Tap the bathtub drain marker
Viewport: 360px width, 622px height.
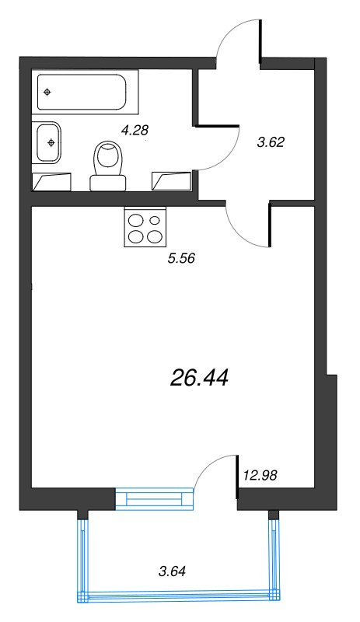(x=48, y=93)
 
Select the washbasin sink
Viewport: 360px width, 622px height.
(x=48, y=142)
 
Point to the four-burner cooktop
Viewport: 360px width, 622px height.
(x=145, y=227)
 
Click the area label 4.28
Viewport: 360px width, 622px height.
(x=135, y=130)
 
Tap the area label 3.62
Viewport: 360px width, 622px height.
(x=271, y=142)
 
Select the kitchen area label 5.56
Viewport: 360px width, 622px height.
(x=180, y=258)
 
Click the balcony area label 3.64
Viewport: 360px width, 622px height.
(x=172, y=572)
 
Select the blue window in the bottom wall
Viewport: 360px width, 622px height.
(x=153, y=498)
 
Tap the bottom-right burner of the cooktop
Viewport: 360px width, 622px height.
(x=155, y=236)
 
